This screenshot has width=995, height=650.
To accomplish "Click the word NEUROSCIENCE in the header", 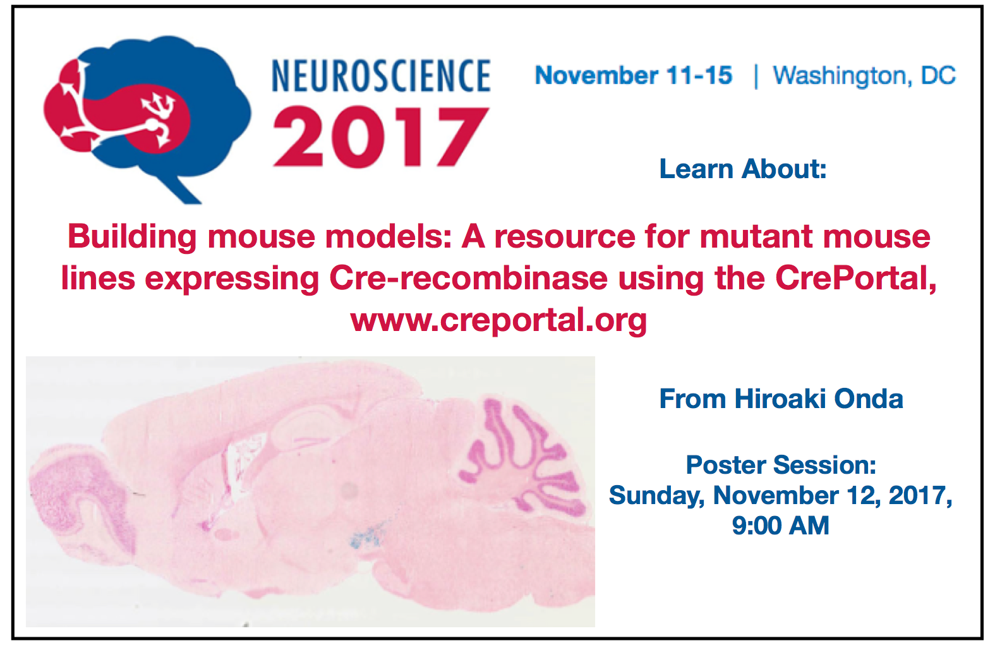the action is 381,76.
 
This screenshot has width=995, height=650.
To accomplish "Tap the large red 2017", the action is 381,137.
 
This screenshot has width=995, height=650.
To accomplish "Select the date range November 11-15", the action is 634,75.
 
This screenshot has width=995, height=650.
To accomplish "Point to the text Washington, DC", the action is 864,76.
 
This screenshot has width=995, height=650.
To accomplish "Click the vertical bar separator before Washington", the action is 756,76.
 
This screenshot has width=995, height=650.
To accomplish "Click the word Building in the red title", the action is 132,238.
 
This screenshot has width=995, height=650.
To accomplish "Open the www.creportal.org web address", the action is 498,321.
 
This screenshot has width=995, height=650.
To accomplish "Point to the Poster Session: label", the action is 781,465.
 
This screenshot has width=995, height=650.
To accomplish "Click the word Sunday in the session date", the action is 657,496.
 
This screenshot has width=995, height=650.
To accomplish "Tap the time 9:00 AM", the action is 780,526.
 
